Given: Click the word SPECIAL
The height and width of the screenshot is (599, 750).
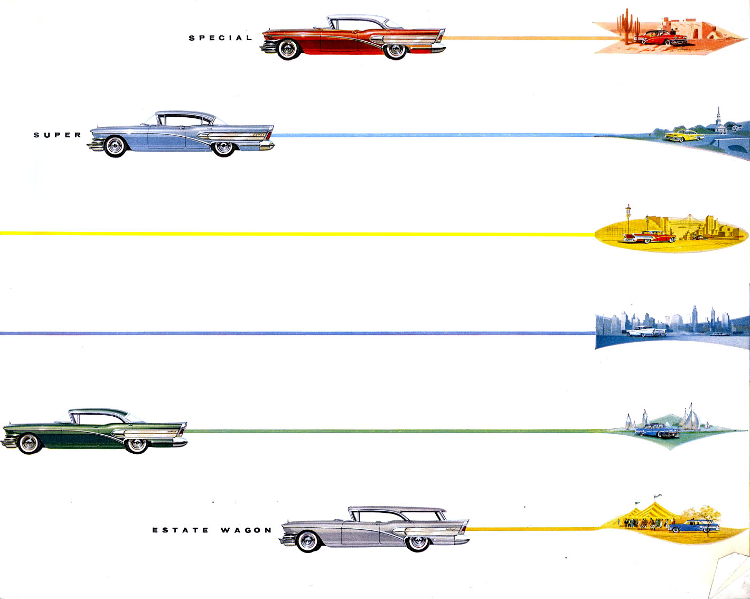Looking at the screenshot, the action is tap(220, 38).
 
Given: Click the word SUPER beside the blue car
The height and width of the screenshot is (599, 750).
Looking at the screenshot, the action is tap(58, 135).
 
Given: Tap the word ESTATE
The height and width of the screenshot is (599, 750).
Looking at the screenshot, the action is tap(181, 530).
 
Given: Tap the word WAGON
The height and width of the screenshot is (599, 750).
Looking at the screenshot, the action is tap(246, 530).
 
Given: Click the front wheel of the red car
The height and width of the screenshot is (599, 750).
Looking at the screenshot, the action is tap(288, 49).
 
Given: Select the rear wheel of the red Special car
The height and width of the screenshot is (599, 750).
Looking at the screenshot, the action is tap(396, 51).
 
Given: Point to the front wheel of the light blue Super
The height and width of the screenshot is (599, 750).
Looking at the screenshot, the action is tap(115, 146).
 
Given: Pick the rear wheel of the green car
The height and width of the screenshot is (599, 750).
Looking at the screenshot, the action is tap(137, 445).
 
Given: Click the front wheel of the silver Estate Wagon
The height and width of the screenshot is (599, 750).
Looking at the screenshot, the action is tap(308, 541).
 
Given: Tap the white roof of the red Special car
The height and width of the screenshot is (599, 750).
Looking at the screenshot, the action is tap(359, 19).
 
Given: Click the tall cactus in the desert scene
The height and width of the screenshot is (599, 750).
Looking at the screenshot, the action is tap(626, 27).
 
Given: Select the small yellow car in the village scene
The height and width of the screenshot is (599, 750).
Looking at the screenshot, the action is tap(685, 135).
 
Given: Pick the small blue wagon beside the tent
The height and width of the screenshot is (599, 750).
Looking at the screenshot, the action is tap(693, 526).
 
